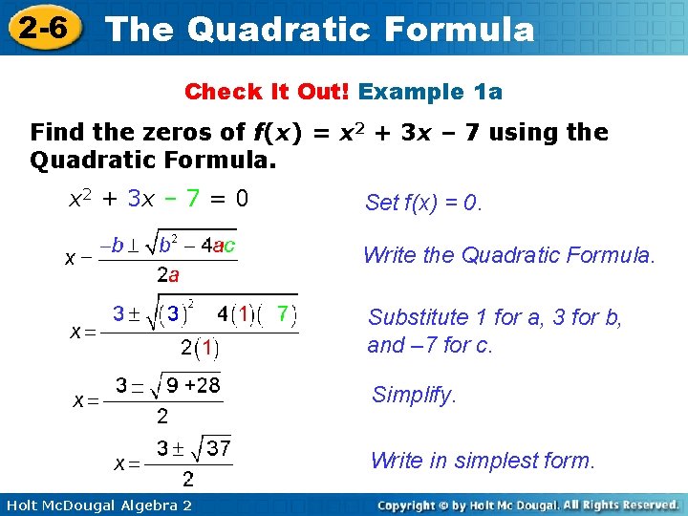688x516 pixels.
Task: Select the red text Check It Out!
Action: (267, 92)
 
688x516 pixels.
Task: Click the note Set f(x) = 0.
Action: (424, 203)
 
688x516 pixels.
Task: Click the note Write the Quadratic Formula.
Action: (509, 255)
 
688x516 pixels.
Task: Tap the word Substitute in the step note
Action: (418, 317)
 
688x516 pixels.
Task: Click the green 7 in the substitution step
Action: (283, 313)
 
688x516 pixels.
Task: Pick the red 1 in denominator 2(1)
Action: (206, 349)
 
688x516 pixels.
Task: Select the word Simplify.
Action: (414, 395)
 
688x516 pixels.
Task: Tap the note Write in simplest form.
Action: (483, 461)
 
